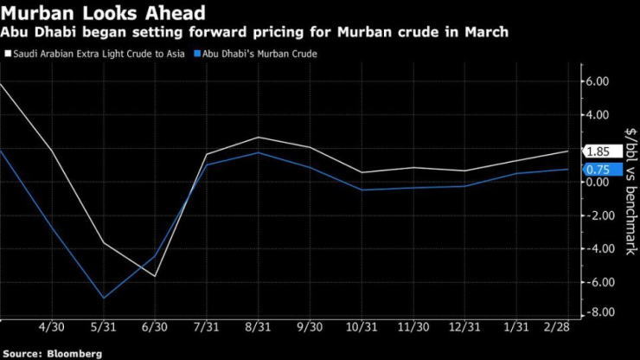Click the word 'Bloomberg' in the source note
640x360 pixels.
click(x=74, y=353)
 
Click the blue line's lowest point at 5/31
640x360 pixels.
click(x=105, y=299)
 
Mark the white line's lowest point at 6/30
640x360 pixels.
click(x=156, y=276)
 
